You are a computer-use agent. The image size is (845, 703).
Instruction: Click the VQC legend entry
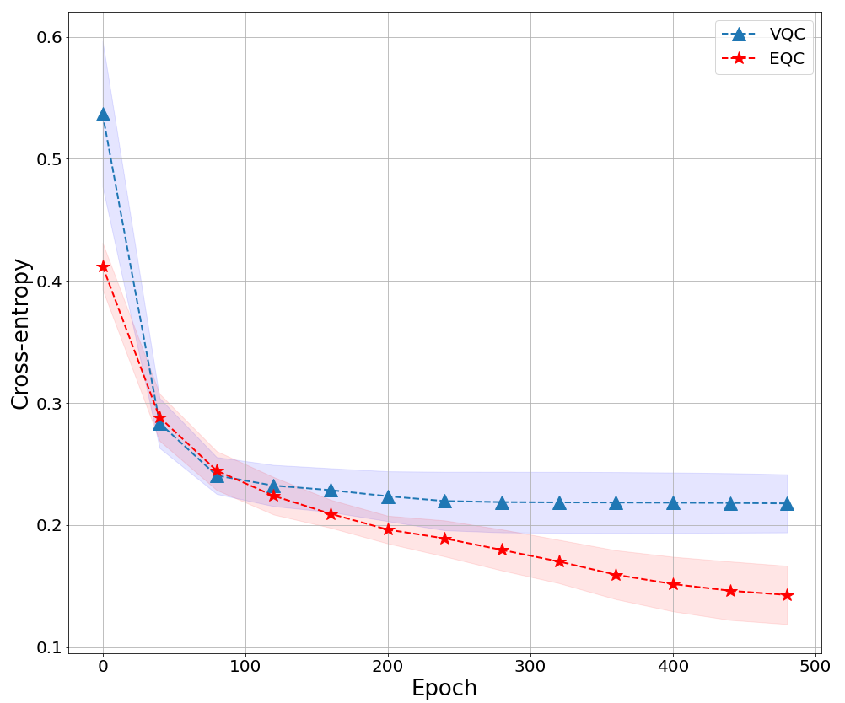tap(763, 35)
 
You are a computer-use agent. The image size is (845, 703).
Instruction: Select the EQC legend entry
tap(763, 59)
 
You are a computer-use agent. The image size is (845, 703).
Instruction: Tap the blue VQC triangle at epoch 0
tap(103, 115)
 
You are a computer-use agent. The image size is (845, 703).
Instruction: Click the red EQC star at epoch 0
tap(103, 266)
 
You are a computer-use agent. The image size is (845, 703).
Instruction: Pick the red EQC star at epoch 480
tap(787, 595)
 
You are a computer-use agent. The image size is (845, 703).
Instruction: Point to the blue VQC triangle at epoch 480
tap(787, 503)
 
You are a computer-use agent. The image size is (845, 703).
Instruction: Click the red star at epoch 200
tap(388, 529)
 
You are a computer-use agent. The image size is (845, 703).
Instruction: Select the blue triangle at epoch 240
tap(444, 501)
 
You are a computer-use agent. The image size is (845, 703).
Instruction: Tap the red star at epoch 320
tap(559, 561)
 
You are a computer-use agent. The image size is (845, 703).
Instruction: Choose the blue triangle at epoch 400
tap(673, 502)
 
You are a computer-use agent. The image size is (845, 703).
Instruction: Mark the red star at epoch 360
tap(616, 575)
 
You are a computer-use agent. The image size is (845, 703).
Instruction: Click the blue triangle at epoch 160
tap(331, 490)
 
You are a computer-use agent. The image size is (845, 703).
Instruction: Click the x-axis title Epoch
tap(444, 688)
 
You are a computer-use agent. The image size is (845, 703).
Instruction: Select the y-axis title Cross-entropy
tap(21, 334)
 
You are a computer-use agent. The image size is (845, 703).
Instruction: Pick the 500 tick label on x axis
tap(815, 665)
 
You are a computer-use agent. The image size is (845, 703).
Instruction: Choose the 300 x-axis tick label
tap(530, 665)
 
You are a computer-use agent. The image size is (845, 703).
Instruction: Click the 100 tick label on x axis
tap(245, 665)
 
